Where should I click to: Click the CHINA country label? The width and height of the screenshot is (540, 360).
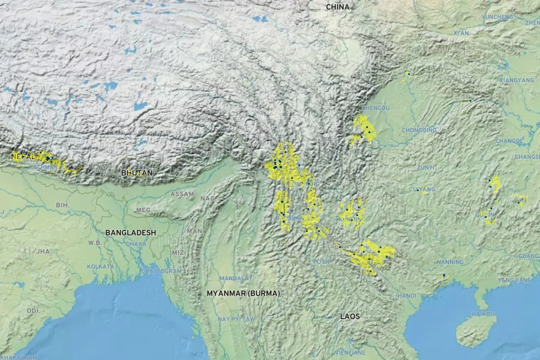click(337, 7)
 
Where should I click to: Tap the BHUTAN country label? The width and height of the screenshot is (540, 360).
click(137, 173)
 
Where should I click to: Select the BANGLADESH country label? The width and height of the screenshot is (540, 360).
click(130, 232)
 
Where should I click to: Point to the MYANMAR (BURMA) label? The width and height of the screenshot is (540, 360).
click(243, 293)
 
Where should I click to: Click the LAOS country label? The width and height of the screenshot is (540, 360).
click(350, 316)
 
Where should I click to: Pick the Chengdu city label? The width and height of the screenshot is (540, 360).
click(376, 107)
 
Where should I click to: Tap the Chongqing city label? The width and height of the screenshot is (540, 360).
click(419, 130)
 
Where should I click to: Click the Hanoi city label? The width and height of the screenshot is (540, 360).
click(406, 296)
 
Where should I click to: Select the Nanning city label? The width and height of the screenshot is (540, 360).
click(450, 262)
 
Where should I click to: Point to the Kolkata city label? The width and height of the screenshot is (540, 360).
click(100, 266)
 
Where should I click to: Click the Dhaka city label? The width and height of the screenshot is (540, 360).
click(136, 244)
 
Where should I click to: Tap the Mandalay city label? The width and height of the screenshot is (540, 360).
click(236, 278)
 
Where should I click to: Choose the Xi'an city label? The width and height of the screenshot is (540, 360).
click(461, 33)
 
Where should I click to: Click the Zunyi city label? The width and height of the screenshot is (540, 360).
click(425, 167)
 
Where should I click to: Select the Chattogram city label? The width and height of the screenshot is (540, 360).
click(161, 271)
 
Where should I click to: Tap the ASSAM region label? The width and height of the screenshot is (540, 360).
click(182, 194)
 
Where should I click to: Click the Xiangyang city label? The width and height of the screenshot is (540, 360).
click(516, 80)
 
